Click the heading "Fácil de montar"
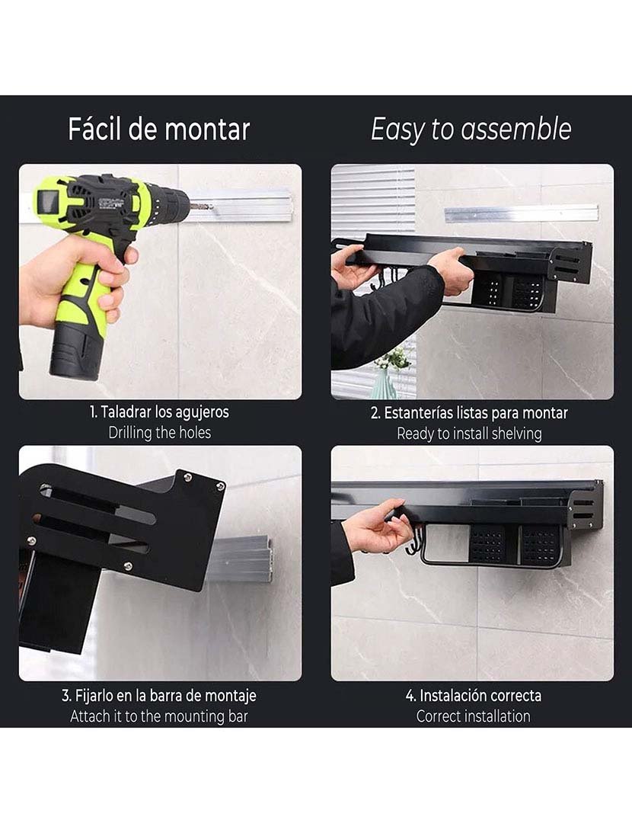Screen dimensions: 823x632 tap(158, 130)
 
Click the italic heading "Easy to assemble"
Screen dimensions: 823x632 tap(471, 130)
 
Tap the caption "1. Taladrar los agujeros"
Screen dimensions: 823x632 tap(159, 412)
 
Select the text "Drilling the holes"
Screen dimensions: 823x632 tap(159, 433)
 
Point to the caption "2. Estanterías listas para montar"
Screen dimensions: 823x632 tap(469, 413)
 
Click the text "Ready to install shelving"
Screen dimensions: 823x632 tap(469, 434)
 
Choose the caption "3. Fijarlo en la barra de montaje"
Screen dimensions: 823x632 tap(159, 696)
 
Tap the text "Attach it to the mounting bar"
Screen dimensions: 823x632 tap(159, 716)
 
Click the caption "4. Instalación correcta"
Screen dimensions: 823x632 tap(473, 696)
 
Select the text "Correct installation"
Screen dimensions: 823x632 tap(473, 716)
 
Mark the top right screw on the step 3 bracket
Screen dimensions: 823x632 tap(220, 485)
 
